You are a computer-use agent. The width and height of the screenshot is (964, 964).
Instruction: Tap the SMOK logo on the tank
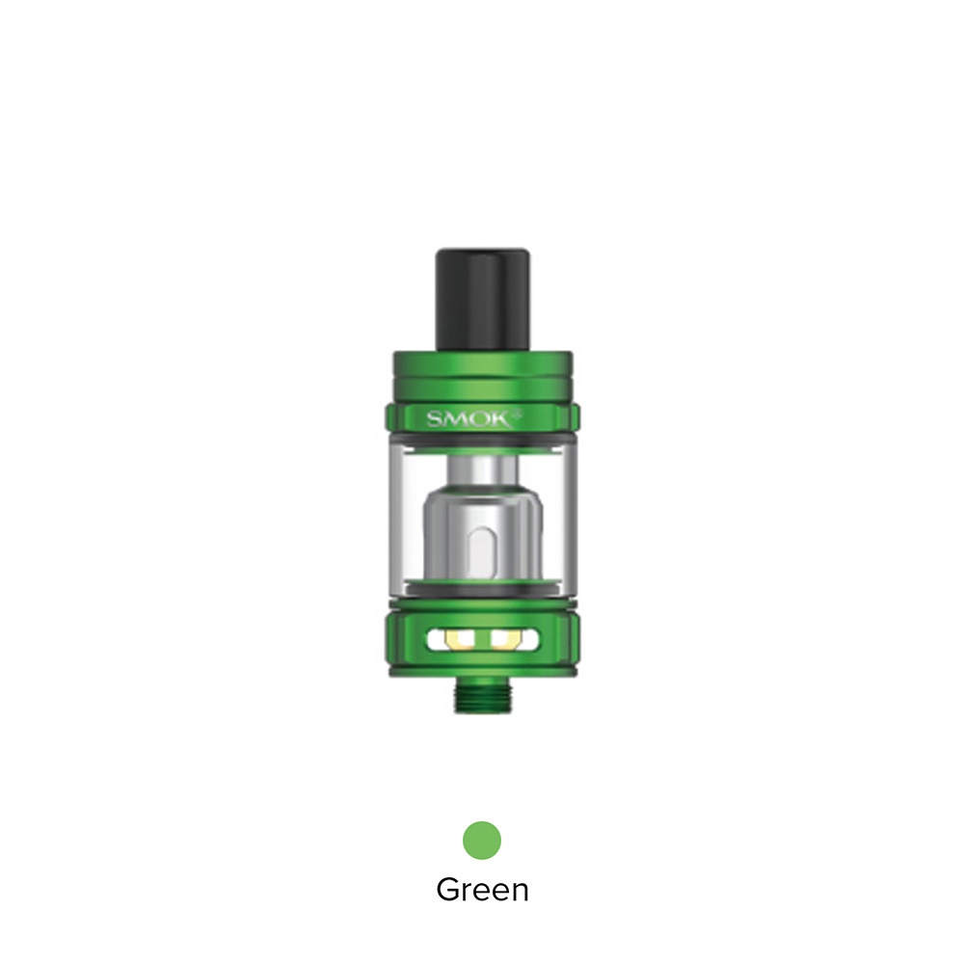tap(481, 418)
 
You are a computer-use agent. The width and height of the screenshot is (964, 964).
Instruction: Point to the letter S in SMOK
tap(435, 418)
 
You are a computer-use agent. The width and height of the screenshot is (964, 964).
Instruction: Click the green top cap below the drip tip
tap(482, 367)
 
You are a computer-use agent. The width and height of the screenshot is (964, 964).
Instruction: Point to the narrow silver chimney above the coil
tap(482, 467)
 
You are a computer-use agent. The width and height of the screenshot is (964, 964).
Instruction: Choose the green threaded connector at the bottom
tap(481, 695)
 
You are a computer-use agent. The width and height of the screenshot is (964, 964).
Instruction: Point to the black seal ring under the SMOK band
tap(482, 440)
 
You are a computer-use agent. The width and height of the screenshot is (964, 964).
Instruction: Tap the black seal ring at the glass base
tap(482, 589)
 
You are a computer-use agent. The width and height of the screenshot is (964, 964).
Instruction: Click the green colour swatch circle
tap(482, 840)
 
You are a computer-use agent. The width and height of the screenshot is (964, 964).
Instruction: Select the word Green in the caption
tap(482, 888)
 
